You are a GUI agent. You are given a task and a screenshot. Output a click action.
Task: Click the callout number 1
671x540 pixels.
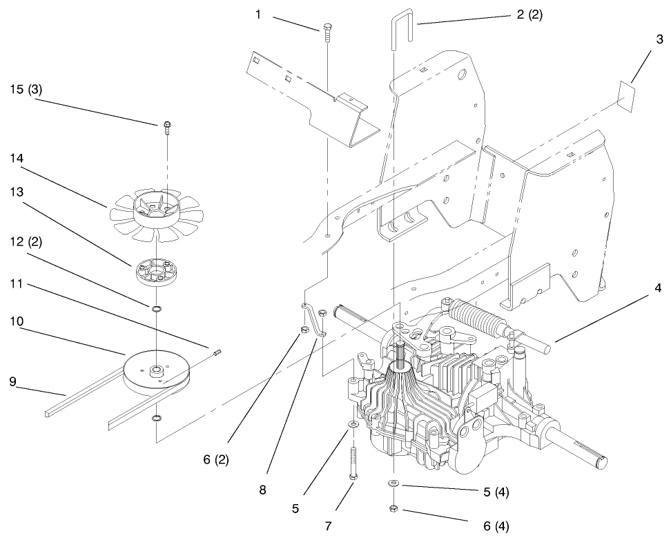(258, 14)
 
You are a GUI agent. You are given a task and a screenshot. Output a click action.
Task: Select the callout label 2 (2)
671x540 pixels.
(529, 15)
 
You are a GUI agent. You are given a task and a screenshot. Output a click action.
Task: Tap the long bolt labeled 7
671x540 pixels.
(353, 463)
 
